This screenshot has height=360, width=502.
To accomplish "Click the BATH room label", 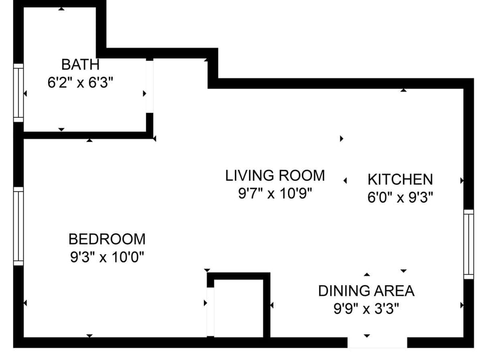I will (x=80, y=65).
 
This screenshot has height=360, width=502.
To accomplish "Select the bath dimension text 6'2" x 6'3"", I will (x=80, y=83).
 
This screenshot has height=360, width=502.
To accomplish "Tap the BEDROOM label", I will (x=107, y=239).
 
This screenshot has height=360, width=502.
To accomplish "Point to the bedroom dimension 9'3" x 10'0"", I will (x=107, y=257).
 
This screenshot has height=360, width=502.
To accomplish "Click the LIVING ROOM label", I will (x=275, y=175).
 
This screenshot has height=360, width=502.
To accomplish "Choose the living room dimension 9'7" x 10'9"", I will (x=275, y=194).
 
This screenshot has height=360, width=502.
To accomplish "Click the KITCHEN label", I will (x=400, y=179).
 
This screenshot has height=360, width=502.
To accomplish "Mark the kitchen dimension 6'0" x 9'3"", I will (x=400, y=198).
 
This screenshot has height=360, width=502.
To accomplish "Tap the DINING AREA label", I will (x=366, y=290).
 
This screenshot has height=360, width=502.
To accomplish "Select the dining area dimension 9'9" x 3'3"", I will (x=366, y=309).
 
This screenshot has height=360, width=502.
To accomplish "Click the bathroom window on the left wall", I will (x=18, y=93).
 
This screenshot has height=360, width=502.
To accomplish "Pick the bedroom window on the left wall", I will (x=18, y=226).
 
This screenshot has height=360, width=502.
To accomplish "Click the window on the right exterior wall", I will (x=469, y=244).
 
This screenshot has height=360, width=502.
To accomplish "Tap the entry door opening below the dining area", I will (x=377, y=342).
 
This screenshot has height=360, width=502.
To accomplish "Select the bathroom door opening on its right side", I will (x=150, y=86).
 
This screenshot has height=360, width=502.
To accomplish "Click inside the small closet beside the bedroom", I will (x=238, y=309).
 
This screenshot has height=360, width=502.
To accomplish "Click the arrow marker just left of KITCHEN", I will (x=345, y=181).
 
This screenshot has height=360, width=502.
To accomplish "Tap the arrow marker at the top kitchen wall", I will (x=403, y=91).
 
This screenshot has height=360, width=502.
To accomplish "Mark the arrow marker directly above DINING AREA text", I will (x=367, y=274).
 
